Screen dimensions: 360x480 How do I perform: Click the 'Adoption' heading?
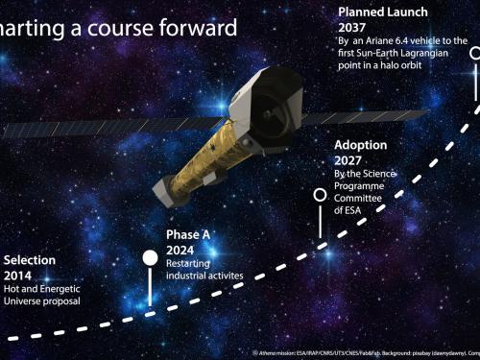pyautogui.click(x=362, y=146)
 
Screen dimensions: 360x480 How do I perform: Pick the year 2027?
pyautogui.click(x=348, y=160)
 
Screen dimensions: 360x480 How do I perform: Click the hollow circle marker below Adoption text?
pyautogui.click(x=320, y=194)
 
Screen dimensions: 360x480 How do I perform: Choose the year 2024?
pyautogui.click(x=180, y=250)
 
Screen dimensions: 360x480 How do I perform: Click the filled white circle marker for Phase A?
pyautogui.click(x=150, y=257)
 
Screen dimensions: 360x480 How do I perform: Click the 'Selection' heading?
pyautogui.click(x=30, y=260)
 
